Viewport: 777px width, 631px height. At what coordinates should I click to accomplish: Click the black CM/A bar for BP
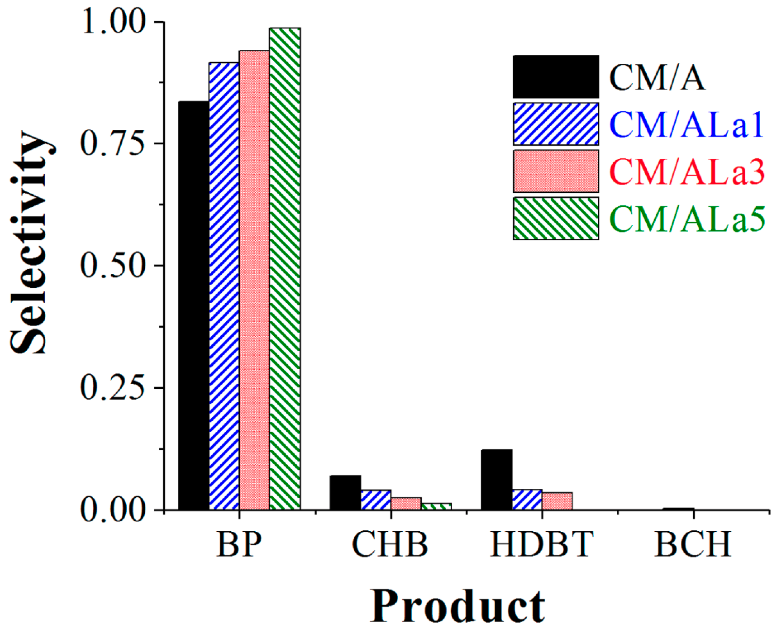click(193, 305)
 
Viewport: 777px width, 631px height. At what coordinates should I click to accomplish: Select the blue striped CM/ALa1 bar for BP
click(224, 286)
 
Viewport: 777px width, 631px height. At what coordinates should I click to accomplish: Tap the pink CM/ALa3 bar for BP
click(254, 280)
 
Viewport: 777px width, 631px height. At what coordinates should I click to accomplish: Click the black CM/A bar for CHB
click(345, 492)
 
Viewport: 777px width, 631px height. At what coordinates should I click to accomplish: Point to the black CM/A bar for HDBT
click(496, 479)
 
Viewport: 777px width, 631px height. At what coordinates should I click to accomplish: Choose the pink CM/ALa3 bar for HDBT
click(557, 501)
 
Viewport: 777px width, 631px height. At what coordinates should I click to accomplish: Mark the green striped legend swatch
click(556, 218)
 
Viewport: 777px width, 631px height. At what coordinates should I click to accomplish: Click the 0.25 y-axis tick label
click(111, 388)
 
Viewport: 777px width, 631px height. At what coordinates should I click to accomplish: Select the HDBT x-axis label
click(542, 544)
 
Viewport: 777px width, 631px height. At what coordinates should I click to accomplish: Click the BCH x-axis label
click(693, 544)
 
